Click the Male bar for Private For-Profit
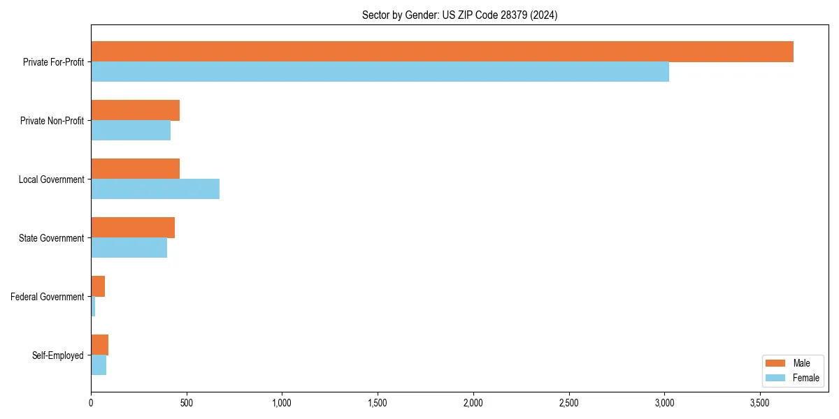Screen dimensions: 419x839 click(442, 52)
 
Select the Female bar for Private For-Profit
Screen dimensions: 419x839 click(380, 72)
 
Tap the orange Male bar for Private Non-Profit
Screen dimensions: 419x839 click(135, 110)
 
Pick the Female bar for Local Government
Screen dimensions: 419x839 click(155, 189)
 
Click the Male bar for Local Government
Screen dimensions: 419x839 click(135, 169)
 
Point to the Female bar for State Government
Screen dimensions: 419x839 click(129, 248)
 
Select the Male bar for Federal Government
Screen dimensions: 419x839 click(98, 286)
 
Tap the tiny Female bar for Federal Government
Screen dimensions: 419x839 click(93, 307)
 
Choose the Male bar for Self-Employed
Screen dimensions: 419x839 click(99, 345)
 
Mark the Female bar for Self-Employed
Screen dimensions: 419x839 click(99, 365)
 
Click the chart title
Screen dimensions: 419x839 click(459, 15)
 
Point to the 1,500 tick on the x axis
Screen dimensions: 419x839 click(378, 403)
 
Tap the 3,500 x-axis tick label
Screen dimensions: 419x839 click(760, 403)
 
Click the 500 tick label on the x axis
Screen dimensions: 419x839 click(186, 403)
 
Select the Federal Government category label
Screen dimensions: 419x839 click(48, 297)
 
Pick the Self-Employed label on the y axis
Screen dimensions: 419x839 click(58, 355)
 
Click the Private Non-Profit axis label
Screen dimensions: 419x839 click(52, 121)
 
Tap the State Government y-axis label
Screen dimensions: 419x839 click(51, 238)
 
